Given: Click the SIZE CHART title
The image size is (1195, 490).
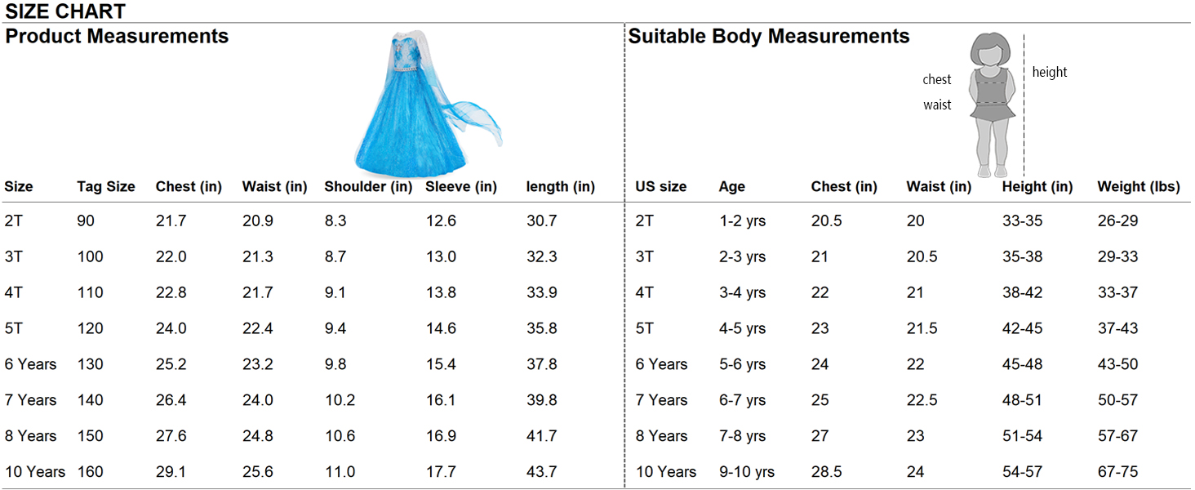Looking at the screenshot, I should click(65, 11).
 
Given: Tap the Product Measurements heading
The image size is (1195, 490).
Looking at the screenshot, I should click(117, 37).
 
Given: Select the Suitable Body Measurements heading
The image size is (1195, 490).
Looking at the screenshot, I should click(768, 37).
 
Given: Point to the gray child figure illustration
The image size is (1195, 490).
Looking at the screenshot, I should click(992, 104).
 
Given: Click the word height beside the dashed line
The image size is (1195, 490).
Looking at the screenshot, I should click(1049, 73).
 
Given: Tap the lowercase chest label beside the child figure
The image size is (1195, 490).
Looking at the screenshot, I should click(936, 80).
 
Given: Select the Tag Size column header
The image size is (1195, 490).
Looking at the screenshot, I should click(106, 187).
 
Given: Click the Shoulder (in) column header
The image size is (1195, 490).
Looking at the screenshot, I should click(368, 187).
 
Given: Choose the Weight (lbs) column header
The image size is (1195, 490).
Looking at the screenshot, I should click(1139, 187).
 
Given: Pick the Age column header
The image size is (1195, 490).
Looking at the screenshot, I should click(731, 187).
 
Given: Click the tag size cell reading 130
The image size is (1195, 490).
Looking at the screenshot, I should click(91, 364).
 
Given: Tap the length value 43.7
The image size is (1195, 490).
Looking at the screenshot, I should click(542, 472).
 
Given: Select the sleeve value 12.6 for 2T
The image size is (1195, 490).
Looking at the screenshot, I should click(441, 221).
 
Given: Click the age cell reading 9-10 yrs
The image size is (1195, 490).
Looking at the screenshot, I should click(746, 472).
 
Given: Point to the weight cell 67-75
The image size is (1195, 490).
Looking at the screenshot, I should click(1117, 472).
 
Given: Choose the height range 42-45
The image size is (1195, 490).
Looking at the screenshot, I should click(1022, 329).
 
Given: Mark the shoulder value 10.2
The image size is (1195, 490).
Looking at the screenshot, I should click(340, 400).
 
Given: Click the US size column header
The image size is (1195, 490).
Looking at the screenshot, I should click(661, 187).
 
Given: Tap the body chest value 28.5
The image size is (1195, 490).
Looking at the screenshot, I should click(827, 472).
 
